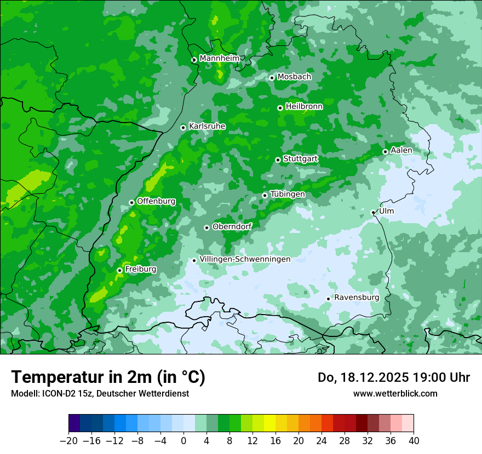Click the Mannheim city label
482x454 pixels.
pos(219,59)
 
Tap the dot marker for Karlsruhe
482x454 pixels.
pos(183,127)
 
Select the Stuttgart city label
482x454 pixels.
pos(300,159)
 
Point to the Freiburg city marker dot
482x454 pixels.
pos(119,270)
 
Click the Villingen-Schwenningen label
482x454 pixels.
pos(245,259)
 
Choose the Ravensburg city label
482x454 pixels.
pos(357,298)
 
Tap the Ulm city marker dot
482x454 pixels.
pos(374,212)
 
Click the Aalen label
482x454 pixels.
pos(401,150)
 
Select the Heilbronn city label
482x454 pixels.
pos(304,107)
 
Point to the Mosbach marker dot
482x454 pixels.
pos(272,78)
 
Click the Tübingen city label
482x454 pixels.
pos(288,194)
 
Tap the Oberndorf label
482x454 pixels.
pos(232,226)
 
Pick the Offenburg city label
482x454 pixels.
pos(156,201)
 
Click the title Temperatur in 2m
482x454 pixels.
pos(108,377)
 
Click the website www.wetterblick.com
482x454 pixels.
pos(395,393)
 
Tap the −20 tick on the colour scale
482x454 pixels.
pos(68,441)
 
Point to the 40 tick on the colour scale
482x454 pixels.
pos(414,441)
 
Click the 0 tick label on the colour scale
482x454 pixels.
pos(183,441)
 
